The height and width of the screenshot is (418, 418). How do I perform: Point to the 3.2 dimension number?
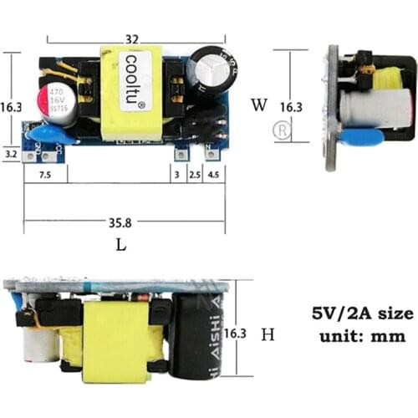tap(11, 155)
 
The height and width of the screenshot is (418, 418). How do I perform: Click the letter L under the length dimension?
tap(122, 246)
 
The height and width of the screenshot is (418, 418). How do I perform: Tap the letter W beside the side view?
tap(260, 106)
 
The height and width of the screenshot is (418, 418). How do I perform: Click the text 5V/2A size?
tap(362, 314)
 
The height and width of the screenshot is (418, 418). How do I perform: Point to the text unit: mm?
tap(362, 337)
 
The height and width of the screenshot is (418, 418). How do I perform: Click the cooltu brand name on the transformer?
tap(132, 88)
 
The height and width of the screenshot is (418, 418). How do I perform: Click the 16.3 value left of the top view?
tap(11, 107)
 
